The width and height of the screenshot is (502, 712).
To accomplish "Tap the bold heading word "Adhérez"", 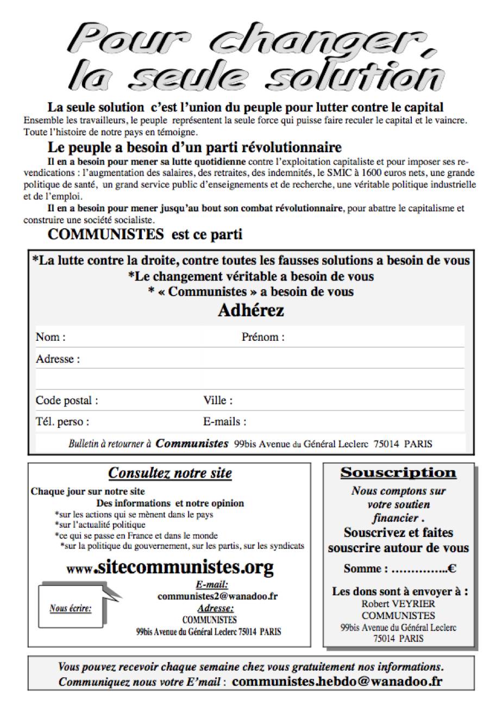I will coord(250,311).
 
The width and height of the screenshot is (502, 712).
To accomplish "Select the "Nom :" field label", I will coord(51,337).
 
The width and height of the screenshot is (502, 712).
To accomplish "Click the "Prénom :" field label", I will coord(263,337).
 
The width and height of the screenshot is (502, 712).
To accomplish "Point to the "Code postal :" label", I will coord(67,401).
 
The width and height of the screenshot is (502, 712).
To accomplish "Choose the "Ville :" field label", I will coord(218,401).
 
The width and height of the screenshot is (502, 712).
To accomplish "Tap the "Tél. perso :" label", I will coord(62,421).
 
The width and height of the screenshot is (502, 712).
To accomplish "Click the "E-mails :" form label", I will coord(224,421).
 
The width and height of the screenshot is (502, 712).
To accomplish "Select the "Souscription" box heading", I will coord(398,473).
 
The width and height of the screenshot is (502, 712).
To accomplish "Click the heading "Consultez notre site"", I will coord(170,473).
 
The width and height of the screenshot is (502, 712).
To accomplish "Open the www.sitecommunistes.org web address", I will coord(170,568).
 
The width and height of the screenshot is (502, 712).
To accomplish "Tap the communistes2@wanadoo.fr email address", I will coord(217,596).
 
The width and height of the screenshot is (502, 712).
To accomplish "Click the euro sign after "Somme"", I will coord(451,569).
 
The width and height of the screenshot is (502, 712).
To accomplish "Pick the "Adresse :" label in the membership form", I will coord(58,359).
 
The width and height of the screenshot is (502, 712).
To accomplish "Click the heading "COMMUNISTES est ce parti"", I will coord(145,235).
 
